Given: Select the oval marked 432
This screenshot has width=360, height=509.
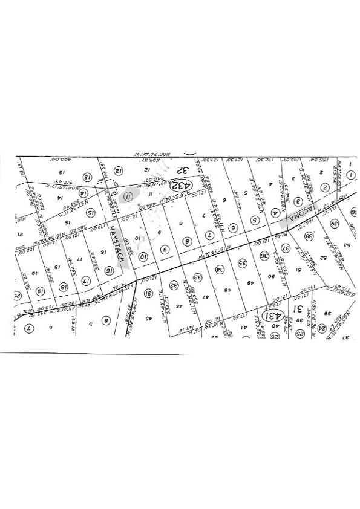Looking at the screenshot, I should click(x=180, y=184).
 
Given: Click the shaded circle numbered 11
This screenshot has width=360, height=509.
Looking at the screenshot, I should click(x=128, y=195).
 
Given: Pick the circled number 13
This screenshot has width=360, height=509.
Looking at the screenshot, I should click(x=87, y=178).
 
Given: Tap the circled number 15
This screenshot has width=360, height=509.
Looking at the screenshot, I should click(x=91, y=213).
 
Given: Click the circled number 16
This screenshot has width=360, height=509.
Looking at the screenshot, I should click(x=109, y=271).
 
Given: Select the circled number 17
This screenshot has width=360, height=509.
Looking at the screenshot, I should click(x=86, y=281).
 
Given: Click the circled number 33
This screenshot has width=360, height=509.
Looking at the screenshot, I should click(x=197, y=278).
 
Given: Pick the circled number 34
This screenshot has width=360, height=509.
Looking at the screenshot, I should click(x=220, y=270).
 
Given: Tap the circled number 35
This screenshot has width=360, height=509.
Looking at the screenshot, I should click(x=243, y=264).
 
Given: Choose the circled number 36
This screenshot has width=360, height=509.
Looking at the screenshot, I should click(x=264, y=256).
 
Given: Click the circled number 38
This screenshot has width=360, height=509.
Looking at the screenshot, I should click(x=309, y=238).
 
